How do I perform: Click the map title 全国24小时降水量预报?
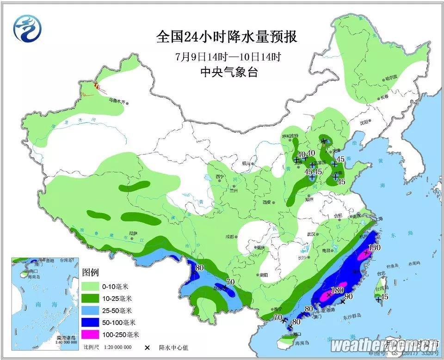coord(226,37)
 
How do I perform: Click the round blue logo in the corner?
coord(27,28)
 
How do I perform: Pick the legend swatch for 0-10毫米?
coord(92,286)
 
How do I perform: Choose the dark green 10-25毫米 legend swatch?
coord(92,298)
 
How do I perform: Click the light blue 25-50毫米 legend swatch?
coord(92,310)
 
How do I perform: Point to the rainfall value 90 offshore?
coord(349,296)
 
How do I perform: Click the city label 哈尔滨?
coord(391,78)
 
